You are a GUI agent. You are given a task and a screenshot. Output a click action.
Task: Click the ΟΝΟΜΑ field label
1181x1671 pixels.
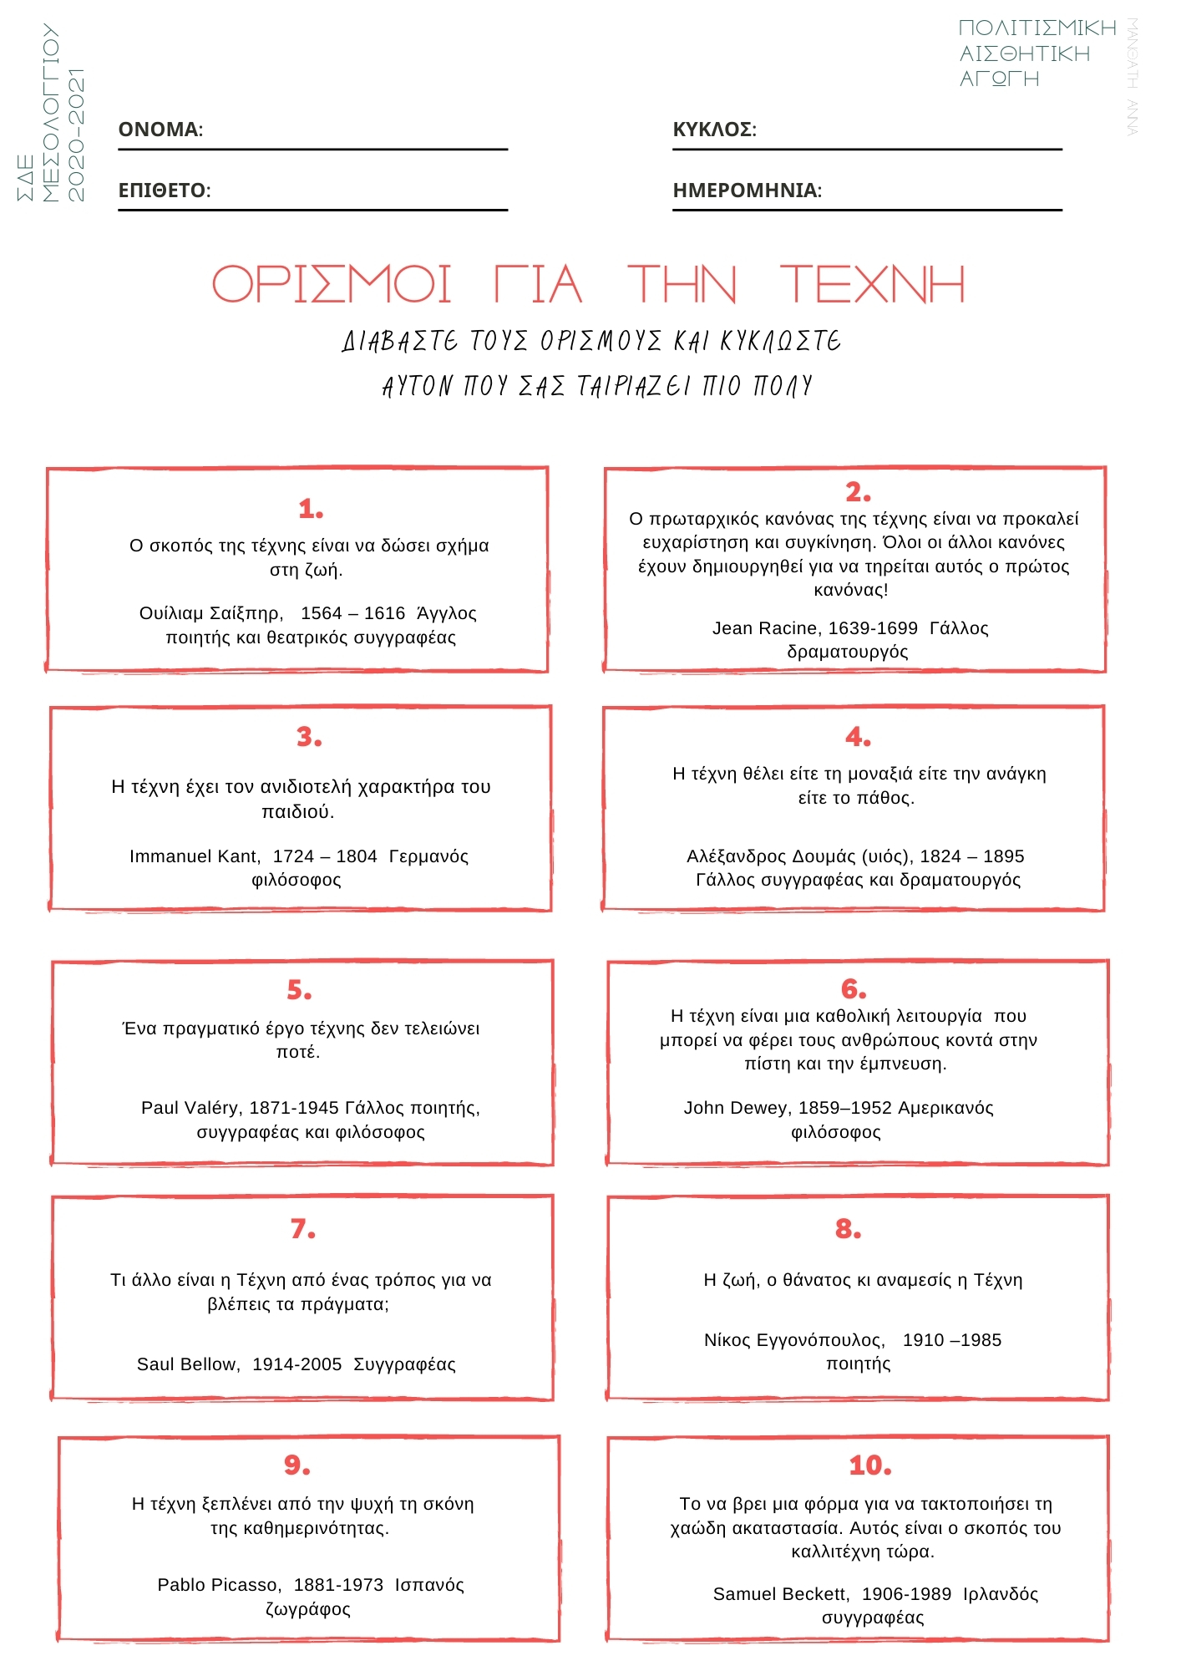coord(160,130)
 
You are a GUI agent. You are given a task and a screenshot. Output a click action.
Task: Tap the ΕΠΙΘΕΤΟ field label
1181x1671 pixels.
coord(165,190)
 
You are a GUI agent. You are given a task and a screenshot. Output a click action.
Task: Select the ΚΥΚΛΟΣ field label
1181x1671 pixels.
coord(714,130)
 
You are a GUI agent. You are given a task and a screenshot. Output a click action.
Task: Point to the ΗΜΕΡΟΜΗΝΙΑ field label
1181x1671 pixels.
coord(747,190)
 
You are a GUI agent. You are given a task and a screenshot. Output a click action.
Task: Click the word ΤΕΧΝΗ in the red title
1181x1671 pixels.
coord(872,284)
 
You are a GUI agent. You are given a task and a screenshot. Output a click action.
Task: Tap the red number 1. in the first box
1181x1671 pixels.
coord(311,509)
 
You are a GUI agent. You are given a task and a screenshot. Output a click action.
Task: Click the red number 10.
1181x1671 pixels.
coord(869,1465)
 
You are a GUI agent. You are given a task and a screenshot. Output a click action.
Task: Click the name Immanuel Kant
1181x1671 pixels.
coord(195,856)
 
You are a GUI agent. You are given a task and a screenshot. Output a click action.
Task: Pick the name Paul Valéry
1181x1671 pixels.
coord(191,1108)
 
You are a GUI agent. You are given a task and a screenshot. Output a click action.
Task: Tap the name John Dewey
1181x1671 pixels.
coord(737,1108)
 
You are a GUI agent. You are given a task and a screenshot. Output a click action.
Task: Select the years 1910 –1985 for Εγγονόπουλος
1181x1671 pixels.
coord(951,1340)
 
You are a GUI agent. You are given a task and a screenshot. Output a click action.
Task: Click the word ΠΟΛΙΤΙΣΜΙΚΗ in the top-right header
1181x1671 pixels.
coord(1037,28)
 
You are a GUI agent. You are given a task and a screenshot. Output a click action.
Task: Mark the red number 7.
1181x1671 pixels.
coord(303,1229)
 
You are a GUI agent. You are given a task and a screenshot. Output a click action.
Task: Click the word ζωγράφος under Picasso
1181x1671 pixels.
coord(307,1609)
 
